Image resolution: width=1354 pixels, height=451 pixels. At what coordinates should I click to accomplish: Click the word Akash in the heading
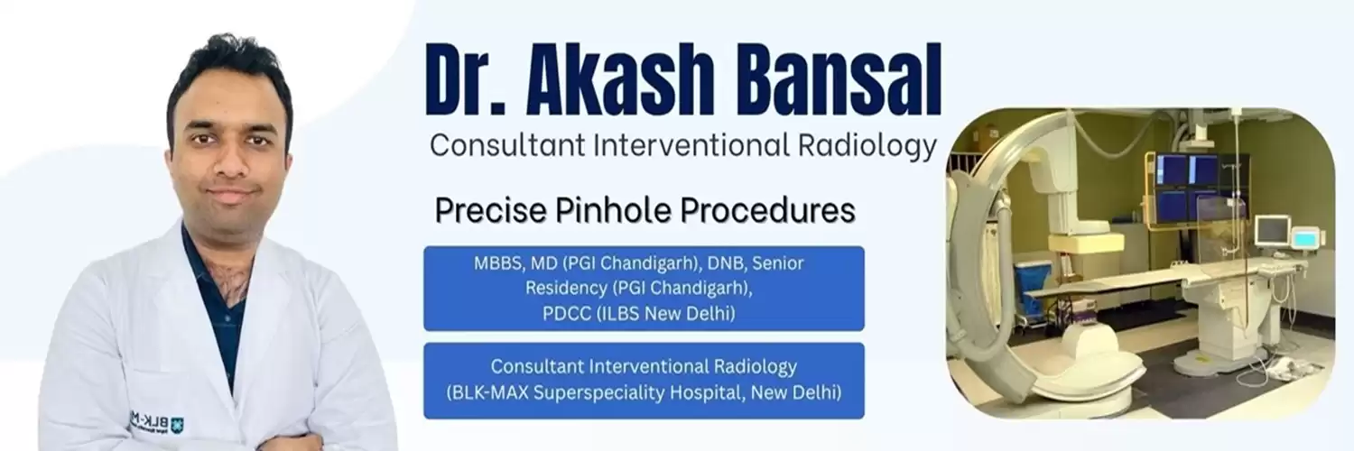(x=619, y=79)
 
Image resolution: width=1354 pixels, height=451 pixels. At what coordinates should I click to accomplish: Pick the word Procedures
(x=767, y=210)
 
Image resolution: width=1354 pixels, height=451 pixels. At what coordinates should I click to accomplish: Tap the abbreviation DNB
(x=726, y=263)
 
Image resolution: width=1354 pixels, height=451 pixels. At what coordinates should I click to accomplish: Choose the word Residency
(x=566, y=289)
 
